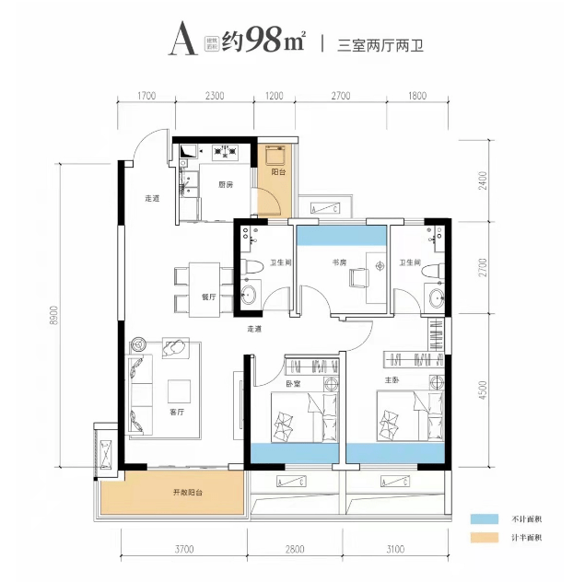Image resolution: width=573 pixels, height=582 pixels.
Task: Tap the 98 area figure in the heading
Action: pyautogui.click(x=263, y=41)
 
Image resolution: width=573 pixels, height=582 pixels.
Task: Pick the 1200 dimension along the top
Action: pyautogui.click(x=275, y=96)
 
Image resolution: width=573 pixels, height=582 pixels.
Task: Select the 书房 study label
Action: pyautogui.click(x=339, y=262)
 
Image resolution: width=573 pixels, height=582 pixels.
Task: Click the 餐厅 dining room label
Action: pyautogui.click(x=207, y=297)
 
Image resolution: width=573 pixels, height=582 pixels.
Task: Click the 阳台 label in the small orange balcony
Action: pyautogui.click(x=276, y=171)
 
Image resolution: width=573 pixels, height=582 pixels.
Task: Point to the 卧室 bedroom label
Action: pyautogui.click(x=293, y=384)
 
